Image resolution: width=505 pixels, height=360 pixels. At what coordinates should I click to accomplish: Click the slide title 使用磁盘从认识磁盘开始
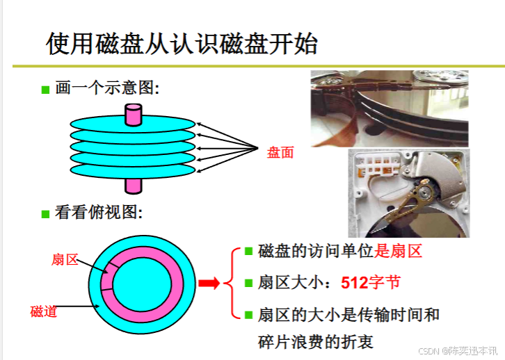182,44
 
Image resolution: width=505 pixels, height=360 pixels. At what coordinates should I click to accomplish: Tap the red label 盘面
280,153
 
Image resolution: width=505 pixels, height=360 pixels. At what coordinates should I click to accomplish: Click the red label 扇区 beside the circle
65,259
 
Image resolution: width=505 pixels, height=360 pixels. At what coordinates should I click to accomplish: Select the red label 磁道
43,311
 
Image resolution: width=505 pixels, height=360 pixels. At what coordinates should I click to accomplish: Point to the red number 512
354,283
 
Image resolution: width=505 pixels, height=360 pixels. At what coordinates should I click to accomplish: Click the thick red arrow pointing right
209,283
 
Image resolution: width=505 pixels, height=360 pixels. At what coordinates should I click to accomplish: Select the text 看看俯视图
97,213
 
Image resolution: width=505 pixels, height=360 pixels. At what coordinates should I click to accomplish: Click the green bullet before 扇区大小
248,284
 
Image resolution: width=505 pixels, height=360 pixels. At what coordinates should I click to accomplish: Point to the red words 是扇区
399,252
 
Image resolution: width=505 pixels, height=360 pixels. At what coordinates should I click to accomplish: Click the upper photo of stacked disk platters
388,108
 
